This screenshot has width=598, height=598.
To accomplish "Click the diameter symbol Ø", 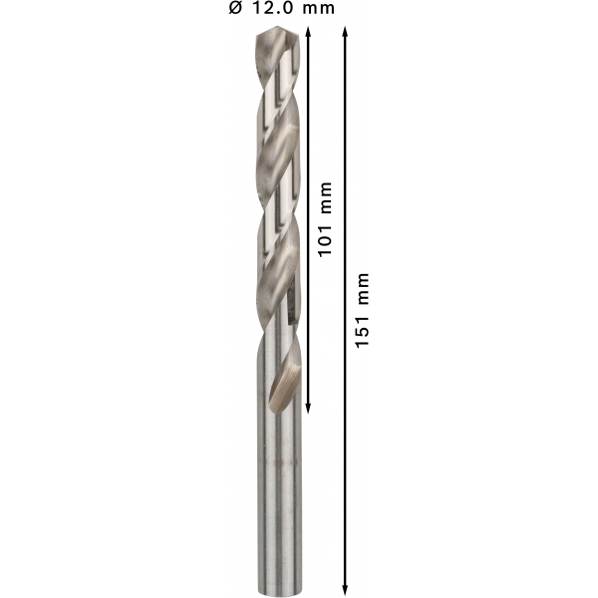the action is click(x=235, y=8).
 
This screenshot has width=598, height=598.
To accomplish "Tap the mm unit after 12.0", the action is click(x=319, y=9).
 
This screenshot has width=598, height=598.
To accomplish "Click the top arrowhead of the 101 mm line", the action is click(x=309, y=32).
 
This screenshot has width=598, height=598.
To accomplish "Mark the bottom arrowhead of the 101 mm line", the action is click(x=309, y=408).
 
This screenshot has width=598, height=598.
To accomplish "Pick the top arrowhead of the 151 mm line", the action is click(x=345, y=32).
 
